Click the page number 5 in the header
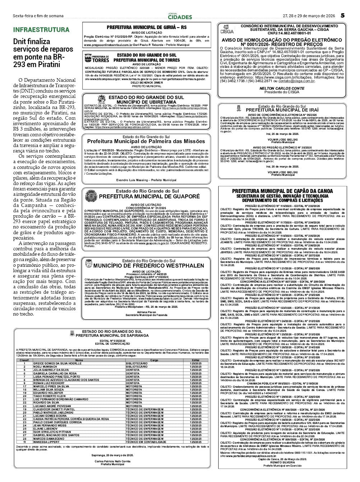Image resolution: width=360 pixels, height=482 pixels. tap(343, 15)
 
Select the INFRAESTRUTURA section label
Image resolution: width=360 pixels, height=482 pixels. tap(41, 30)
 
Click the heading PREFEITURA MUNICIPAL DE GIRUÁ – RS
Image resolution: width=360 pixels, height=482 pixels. tap(146, 27)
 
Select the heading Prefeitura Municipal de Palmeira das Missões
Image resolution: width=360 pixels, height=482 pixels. tap(146, 141)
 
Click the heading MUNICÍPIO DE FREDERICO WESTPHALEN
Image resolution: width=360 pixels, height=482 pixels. tap(149, 266)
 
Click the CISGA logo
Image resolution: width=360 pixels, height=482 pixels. tap(226, 30)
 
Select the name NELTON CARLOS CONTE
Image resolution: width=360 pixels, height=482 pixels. tap(282, 89)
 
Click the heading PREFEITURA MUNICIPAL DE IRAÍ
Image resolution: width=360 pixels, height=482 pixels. tap(282, 110)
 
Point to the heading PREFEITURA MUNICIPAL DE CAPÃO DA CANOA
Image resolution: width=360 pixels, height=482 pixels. tap(282, 192)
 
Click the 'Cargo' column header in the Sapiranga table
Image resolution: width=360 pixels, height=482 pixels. tap(154, 360)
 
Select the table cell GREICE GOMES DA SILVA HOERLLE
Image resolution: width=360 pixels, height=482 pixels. tap(57, 363)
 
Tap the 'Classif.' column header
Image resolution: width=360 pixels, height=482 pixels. tap(24, 360)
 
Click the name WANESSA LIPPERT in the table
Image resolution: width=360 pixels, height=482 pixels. tap(47, 442)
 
